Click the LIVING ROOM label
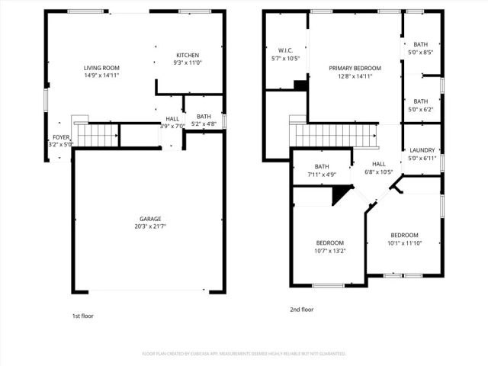(x=101, y=67)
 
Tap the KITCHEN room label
(x=188, y=55)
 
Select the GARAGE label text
(x=149, y=219)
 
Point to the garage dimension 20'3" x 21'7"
(x=149, y=226)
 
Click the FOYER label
(x=60, y=137)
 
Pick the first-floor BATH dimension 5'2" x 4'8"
(x=204, y=124)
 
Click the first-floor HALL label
(x=173, y=119)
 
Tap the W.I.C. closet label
(x=285, y=50)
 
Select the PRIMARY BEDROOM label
(x=355, y=68)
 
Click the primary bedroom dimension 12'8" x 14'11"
(x=355, y=75)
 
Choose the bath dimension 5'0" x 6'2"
(x=421, y=110)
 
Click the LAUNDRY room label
(x=422, y=150)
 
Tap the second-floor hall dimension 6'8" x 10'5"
(x=379, y=172)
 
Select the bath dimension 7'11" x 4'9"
(x=321, y=175)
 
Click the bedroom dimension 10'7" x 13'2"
(x=329, y=250)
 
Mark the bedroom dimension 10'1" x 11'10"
(x=404, y=243)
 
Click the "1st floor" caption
(x=82, y=315)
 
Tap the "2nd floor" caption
(x=301, y=310)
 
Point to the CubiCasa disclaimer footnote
(x=244, y=354)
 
